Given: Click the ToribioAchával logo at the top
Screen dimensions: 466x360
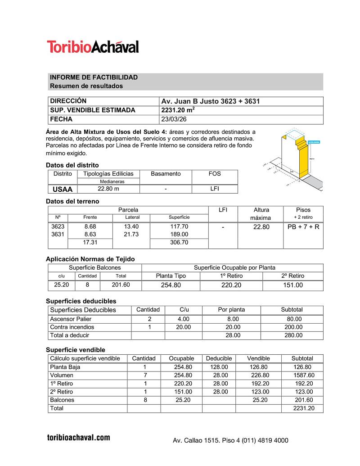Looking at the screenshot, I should click(x=93, y=47).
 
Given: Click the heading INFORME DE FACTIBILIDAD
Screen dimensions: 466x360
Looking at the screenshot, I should click(x=94, y=77).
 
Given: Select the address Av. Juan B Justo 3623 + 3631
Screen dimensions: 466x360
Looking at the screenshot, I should click(x=210, y=101).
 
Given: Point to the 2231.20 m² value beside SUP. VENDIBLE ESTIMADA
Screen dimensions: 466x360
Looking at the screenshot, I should click(x=178, y=110).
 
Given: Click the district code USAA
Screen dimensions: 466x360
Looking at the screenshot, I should click(x=63, y=189).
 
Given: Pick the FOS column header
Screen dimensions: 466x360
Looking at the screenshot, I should click(x=215, y=174).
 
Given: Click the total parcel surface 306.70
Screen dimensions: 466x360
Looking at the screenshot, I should click(x=179, y=243).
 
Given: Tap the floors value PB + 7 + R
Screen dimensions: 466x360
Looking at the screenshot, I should click(x=303, y=227).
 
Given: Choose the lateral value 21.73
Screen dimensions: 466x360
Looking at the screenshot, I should click(x=132, y=235).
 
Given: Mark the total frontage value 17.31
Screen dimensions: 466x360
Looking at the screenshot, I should click(x=90, y=243).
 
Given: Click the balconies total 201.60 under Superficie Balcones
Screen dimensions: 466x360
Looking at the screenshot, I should click(x=121, y=285).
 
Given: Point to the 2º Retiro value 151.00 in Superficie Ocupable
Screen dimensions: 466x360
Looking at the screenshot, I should click(x=293, y=285).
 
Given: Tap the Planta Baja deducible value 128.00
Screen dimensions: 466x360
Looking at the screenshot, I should click(x=219, y=367).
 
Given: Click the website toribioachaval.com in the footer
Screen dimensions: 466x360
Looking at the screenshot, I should click(x=78, y=438).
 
